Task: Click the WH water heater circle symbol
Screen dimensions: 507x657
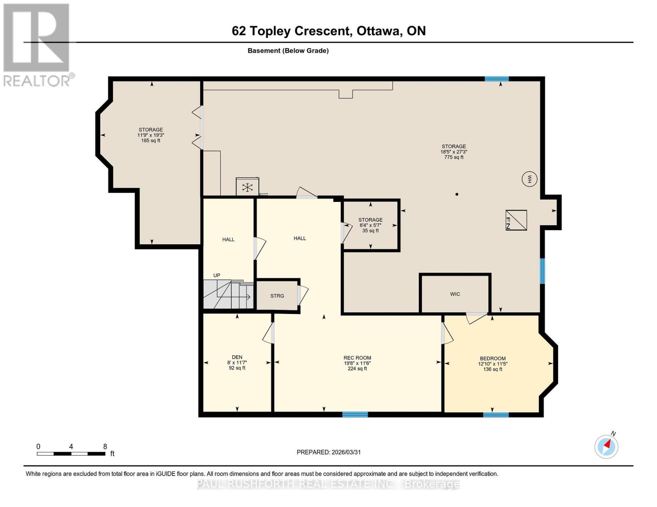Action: [529, 179]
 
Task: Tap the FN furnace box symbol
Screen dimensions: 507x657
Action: [516, 220]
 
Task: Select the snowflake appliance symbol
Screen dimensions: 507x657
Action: [247, 187]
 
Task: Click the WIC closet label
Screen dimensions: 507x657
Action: [455, 294]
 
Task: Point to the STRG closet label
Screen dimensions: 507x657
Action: [277, 296]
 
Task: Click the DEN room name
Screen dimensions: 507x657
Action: [237, 357]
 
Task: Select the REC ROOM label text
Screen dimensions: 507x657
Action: [357, 358]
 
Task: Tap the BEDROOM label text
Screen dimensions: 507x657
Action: [492, 358]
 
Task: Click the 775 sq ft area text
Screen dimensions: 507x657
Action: [454, 157]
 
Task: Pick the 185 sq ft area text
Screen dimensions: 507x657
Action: [151, 141]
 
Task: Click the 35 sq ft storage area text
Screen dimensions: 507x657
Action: [370, 231]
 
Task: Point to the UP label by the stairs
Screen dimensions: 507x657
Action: [217, 275]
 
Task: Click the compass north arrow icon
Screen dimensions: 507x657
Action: [607, 446]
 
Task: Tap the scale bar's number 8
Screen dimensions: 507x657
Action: [105, 447]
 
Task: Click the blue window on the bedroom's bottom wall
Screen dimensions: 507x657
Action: [496, 414]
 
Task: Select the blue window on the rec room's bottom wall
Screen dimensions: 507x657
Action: [355, 414]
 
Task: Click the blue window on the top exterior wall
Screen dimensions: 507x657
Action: [497, 79]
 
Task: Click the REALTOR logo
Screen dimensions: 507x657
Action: [37, 44]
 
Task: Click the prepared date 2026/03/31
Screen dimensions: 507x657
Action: [346, 452]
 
